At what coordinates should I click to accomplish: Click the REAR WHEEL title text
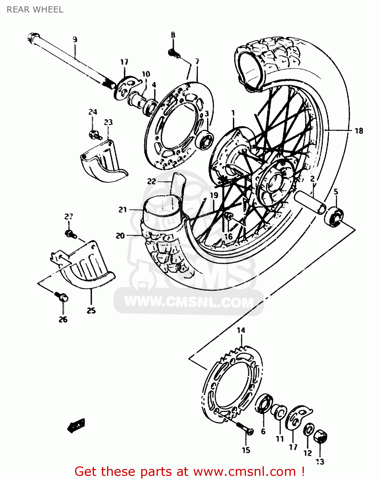click(35, 10)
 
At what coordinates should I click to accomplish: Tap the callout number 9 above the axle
click(75, 40)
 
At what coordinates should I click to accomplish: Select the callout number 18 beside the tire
click(359, 131)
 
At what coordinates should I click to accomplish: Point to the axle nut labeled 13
click(320, 437)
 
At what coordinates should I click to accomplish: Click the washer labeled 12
click(308, 430)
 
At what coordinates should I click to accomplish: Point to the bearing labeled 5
click(334, 216)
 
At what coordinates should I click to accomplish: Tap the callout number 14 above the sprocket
click(241, 330)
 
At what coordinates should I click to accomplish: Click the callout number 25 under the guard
click(91, 310)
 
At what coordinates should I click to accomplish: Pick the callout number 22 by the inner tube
click(151, 181)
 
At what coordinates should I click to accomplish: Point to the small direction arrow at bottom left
click(76, 425)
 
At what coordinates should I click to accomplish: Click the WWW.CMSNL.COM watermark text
click(189, 301)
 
